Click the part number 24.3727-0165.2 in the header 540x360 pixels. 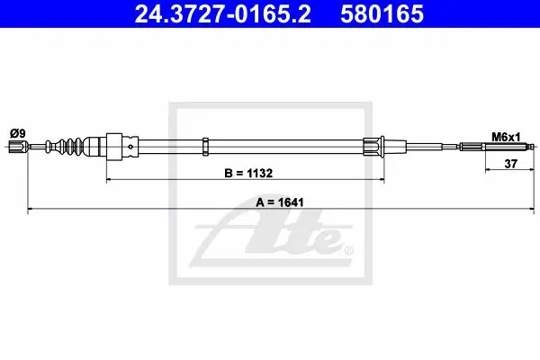(x=222, y=14)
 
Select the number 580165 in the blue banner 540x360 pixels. (x=382, y=14)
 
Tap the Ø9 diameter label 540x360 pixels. (x=18, y=133)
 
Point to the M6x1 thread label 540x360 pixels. (x=506, y=137)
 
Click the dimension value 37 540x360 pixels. (x=510, y=164)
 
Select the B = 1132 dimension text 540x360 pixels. (x=248, y=173)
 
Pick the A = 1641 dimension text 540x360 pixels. (x=280, y=202)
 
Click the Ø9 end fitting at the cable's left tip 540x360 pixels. (x=18, y=147)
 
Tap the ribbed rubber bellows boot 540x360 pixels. (x=65, y=146)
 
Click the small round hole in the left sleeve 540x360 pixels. (x=130, y=147)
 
